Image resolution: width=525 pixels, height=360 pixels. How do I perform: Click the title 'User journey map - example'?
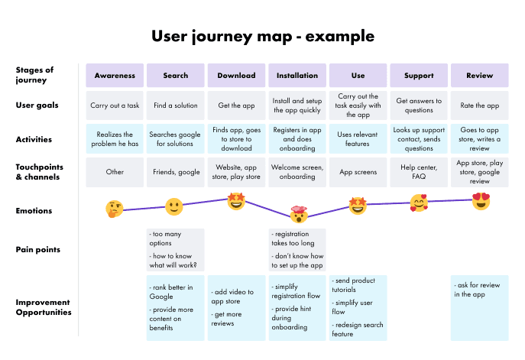coord(263,36)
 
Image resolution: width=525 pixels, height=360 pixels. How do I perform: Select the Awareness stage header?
coord(115,75)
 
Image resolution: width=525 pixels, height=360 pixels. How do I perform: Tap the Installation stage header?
coord(297,75)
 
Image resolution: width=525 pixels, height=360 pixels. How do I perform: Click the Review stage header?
coord(480,75)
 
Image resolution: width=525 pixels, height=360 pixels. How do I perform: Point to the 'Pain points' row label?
coord(37,249)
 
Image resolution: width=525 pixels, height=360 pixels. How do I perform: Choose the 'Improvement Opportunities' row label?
coord(44,307)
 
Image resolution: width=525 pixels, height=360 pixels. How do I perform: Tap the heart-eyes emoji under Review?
coord(481,201)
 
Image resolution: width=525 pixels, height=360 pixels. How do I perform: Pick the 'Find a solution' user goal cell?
coord(175,105)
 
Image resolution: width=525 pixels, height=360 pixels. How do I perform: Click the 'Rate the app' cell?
coord(480,105)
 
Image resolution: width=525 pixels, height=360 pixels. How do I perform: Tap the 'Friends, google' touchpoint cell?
coord(175,172)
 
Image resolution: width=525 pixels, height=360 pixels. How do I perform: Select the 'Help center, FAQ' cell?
coord(419,172)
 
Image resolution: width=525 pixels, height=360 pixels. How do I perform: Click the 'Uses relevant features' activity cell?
coord(358,139)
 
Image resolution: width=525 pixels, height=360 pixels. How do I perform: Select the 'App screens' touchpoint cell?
coord(358,172)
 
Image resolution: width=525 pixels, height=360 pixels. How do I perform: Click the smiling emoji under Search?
coord(175,206)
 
